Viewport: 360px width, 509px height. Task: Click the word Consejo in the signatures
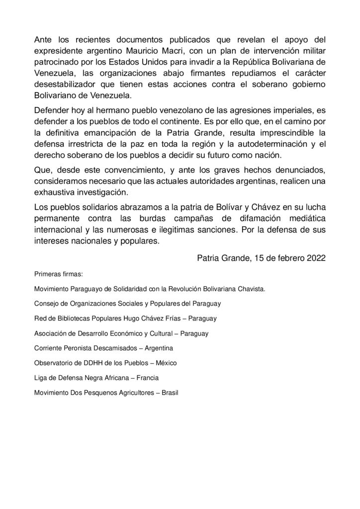tap(46, 303)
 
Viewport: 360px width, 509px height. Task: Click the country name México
tap(165, 363)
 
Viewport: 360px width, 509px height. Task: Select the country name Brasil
tap(170, 393)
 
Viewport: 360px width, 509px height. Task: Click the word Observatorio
tap(54, 363)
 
